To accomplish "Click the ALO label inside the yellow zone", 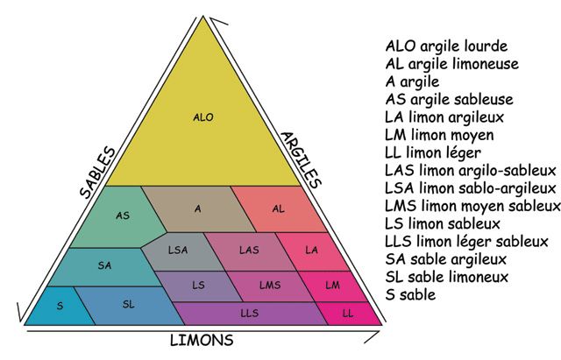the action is pyautogui.click(x=203, y=117).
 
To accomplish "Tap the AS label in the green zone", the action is pyautogui.click(x=123, y=215).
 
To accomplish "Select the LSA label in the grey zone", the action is pyautogui.click(x=178, y=250).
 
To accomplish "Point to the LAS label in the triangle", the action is pyautogui.click(x=249, y=250).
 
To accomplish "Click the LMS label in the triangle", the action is pyautogui.click(x=270, y=285).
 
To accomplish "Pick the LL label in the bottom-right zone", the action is pyautogui.click(x=348, y=314).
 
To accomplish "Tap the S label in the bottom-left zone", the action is pyautogui.click(x=60, y=306).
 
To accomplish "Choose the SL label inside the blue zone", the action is pyautogui.click(x=129, y=304).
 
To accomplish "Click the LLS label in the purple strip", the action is pyautogui.click(x=249, y=314).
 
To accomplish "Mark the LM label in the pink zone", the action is pyautogui.click(x=332, y=285).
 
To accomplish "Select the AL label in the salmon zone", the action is pyautogui.click(x=279, y=208).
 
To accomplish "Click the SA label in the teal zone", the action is pyautogui.click(x=104, y=265).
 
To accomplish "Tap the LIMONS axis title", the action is pyautogui.click(x=202, y=340).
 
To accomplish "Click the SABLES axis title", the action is pyautogui.click(x=97, y=173).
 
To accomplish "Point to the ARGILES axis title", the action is pyautogui.click(x=301, y=159).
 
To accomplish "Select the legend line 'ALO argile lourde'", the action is pyautogui.click(x=446, y=46).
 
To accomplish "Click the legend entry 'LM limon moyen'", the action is pyautogui.click(x=439, y=135).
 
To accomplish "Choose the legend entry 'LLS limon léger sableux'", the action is pyautogui.click(x=466, y=242).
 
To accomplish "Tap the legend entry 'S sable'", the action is pyautogui.click(x=411, y=295).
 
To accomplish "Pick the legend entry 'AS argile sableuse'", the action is pyautogui.click(x=450, y=99).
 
